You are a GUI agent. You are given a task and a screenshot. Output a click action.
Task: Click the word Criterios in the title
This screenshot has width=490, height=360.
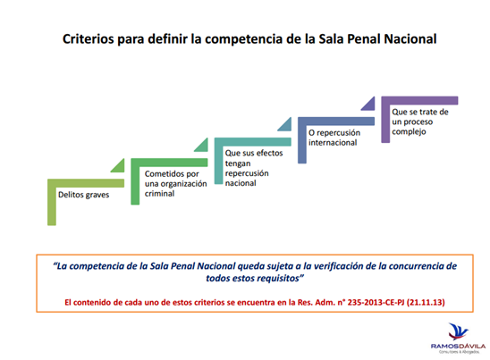[88, 39]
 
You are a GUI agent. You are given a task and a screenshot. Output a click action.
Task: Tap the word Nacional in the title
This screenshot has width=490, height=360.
[410, 39]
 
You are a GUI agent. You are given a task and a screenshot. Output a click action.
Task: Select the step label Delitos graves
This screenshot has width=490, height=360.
[84, 195]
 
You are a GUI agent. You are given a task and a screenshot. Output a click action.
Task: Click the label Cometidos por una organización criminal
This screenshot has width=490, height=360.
[175, 184]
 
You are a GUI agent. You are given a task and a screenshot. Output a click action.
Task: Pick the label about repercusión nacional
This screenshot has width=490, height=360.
[254, 168]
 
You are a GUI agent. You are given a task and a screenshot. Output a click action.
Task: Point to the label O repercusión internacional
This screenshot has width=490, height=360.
[334, 138]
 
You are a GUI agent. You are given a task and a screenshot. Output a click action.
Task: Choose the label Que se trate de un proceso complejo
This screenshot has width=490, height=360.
[420, 121]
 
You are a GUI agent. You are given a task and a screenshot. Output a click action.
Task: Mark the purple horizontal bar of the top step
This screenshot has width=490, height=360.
[419, 100]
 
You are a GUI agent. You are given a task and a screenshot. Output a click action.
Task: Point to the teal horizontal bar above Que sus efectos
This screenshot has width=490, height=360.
[253, 142]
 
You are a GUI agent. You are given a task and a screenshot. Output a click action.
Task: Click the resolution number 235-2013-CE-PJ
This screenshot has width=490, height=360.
[376, 302]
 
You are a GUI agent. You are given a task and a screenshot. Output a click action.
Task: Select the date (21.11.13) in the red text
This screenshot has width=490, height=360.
[426, 302]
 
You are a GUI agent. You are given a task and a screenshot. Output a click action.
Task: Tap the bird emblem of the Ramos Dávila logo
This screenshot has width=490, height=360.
[458, 331]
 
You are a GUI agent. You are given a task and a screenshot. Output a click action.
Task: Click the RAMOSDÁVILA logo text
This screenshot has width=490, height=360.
[458, 347]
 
